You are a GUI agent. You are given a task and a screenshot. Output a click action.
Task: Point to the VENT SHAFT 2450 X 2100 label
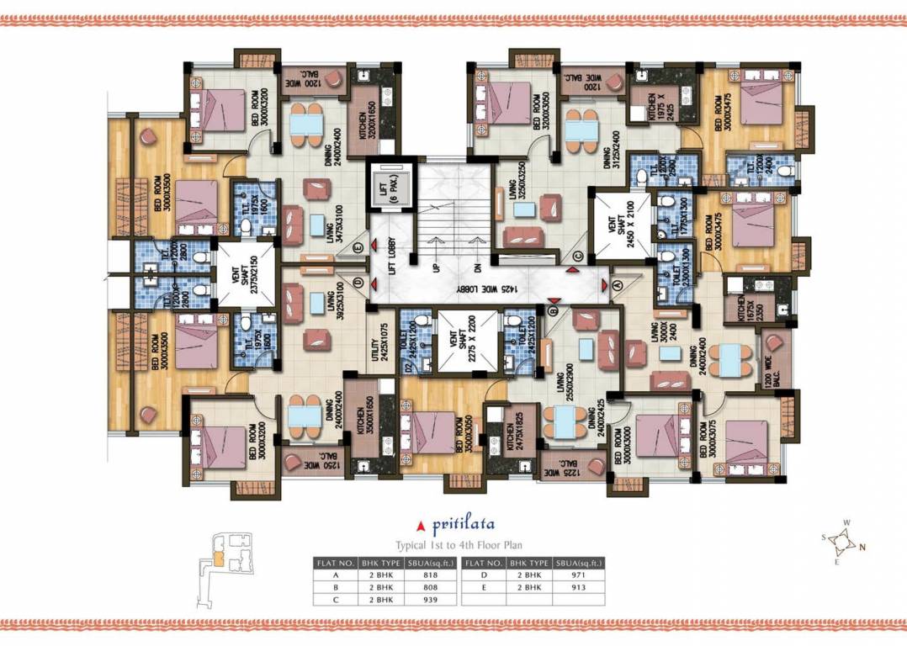[621, 225]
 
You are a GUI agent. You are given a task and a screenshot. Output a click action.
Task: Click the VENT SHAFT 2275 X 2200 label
[469, 342]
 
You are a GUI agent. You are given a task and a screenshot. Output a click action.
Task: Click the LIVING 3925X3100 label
[328, 304]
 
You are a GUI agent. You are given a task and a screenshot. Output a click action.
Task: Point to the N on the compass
[862, 547]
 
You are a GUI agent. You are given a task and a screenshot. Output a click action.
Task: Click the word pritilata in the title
[459, 527]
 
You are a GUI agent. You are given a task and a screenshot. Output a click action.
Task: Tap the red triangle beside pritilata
[422, 528]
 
